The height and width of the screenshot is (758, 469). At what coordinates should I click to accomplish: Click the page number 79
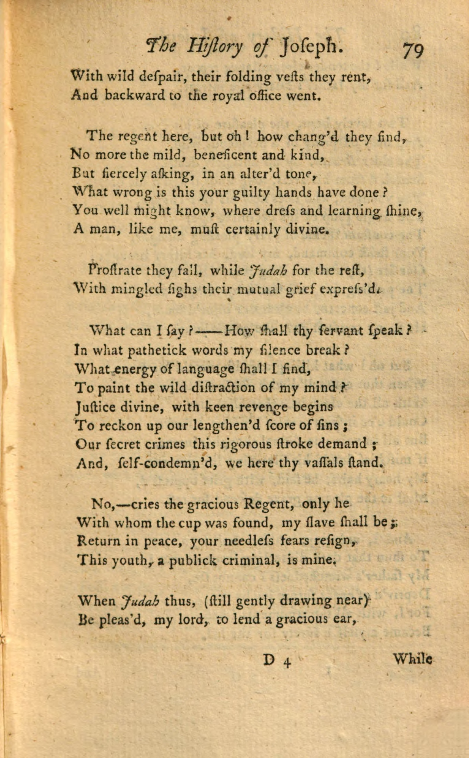click(x=413, y=50)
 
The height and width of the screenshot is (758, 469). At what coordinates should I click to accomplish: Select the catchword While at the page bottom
click(x=412, y=659)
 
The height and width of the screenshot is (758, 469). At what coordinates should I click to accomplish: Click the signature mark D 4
click(x=277, y=661)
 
